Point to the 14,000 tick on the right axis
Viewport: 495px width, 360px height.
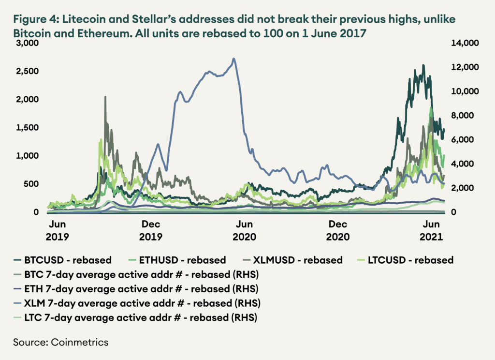coord(465,43)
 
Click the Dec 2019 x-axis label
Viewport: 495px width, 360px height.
coord(151,231)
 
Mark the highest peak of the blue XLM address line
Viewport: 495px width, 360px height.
coord(234,59)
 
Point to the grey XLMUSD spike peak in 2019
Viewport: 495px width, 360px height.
coord(105,97)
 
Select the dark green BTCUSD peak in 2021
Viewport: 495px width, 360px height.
coord(423,65)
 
